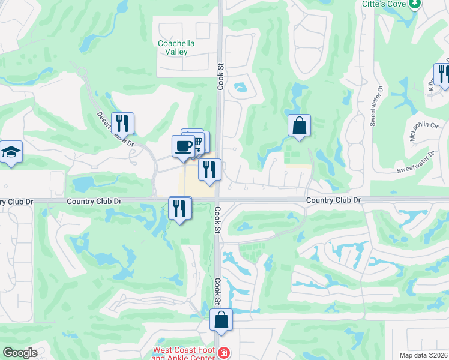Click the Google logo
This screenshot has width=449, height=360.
coord(20,353)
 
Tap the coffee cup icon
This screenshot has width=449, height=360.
coord(182,146)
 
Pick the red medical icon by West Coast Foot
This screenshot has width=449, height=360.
coord(224,352)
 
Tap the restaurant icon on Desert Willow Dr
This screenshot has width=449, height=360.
coord(122,123)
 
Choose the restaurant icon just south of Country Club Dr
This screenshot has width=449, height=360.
coord(179,208)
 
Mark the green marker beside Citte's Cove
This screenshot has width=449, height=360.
coord(414,4)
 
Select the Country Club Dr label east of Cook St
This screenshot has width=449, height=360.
coord(333,199)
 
